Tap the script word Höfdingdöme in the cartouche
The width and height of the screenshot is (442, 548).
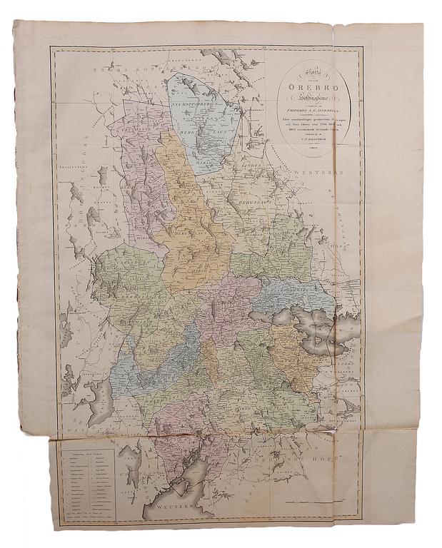313,101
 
